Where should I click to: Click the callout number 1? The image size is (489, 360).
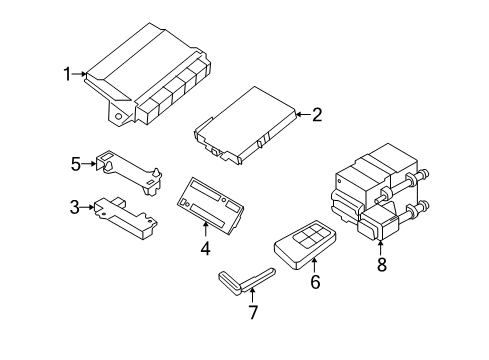pyautogui.click(x=68, y=73)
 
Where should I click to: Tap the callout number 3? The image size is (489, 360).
pyautogui.click(x=74, y=207)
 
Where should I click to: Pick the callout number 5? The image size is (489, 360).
pyautogui.click(x=74, y=163)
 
